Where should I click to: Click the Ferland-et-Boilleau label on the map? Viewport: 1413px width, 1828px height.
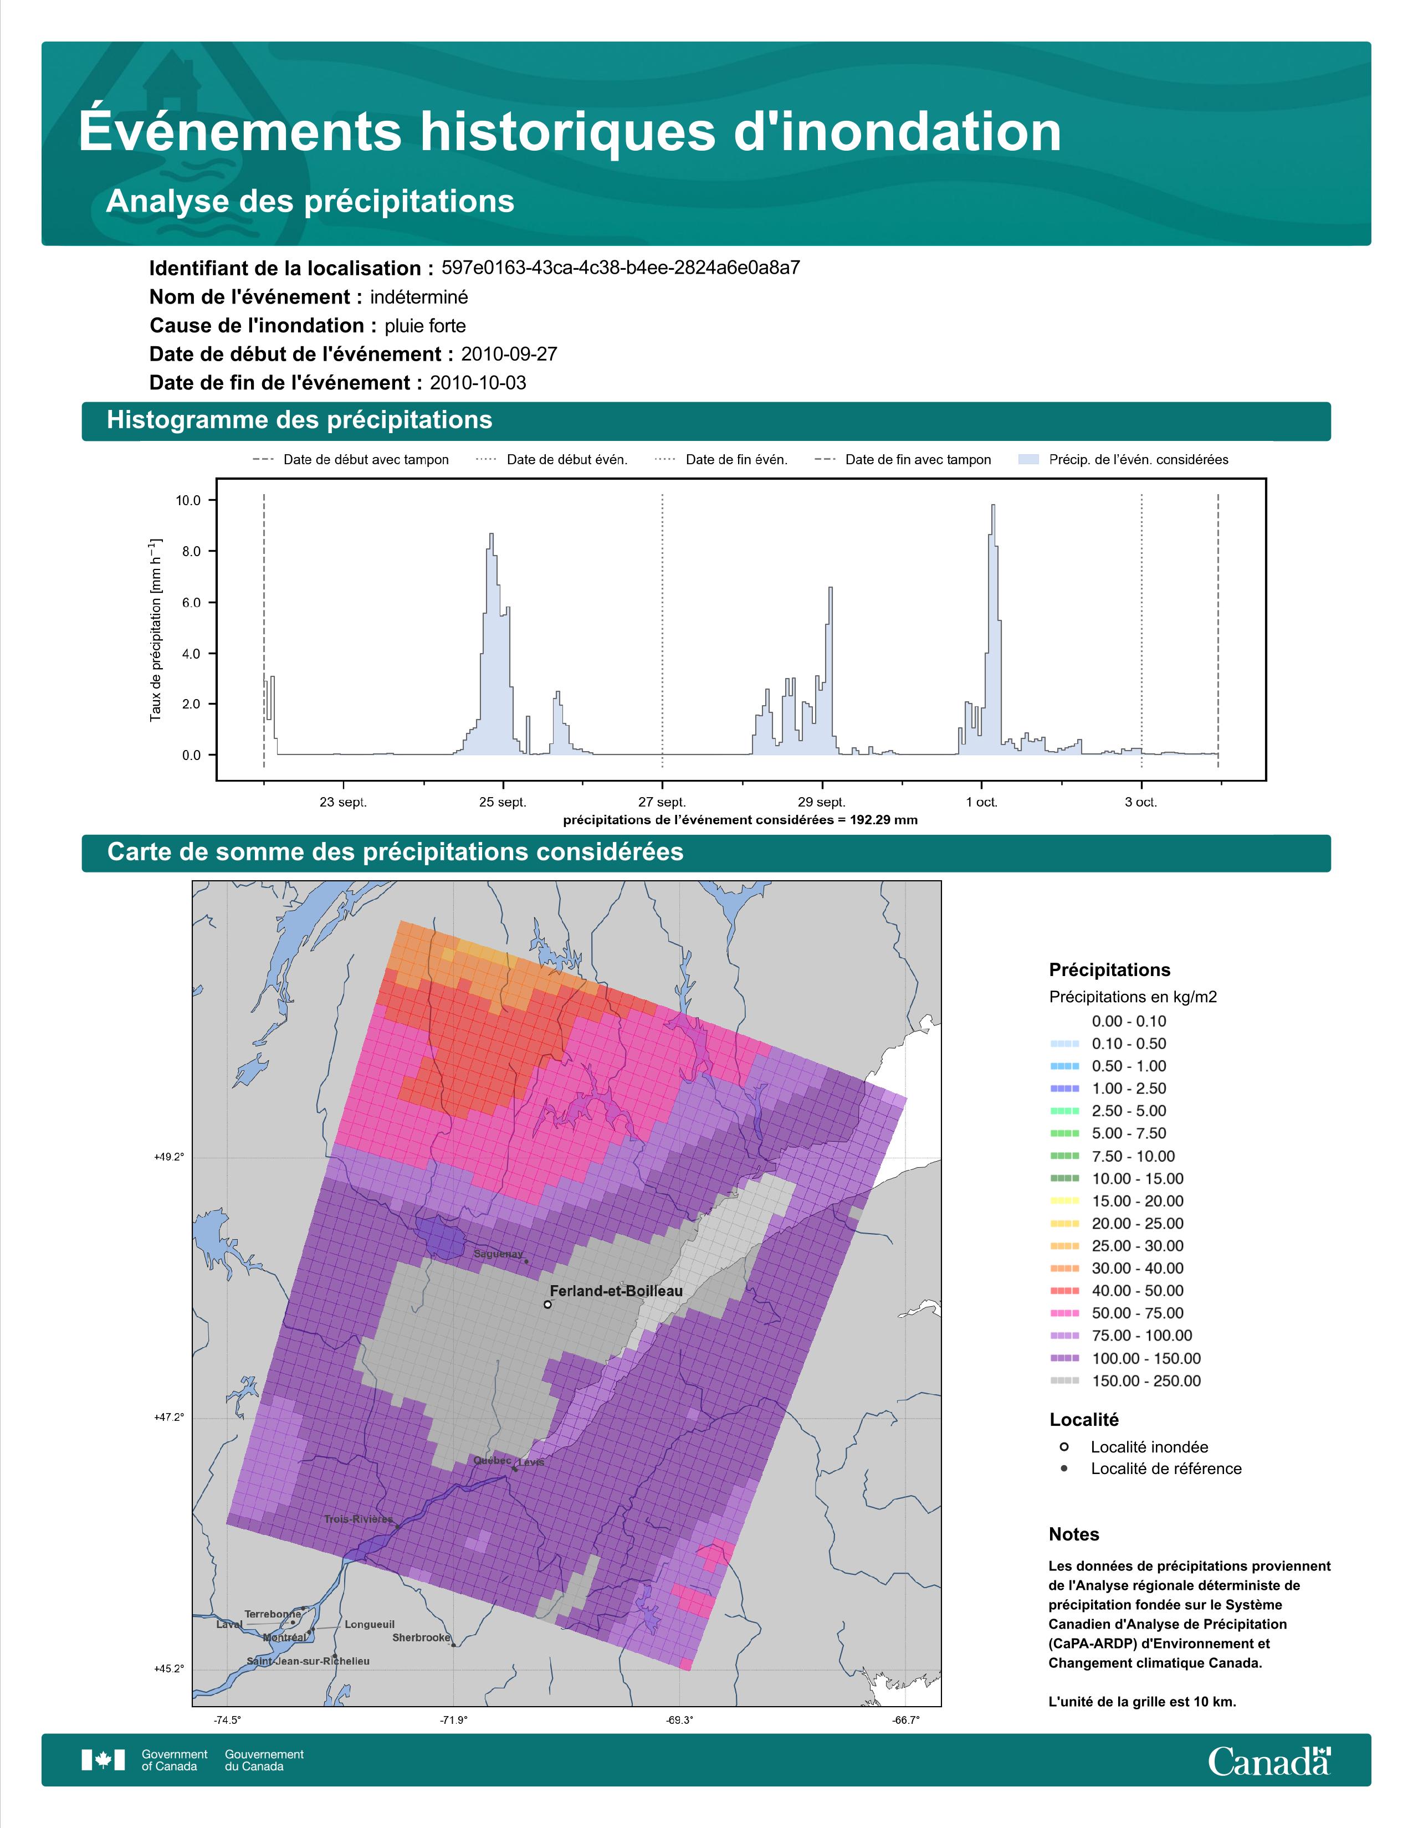(616, 1291)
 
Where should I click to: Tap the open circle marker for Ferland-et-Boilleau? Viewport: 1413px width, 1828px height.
(547, 1304)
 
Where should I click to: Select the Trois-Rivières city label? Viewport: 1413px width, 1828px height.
(359, 1518)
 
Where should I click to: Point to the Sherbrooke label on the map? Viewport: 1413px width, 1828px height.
(421, 1637)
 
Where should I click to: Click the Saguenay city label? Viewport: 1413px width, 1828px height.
(498, 1254)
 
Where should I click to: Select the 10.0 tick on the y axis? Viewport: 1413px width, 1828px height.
(188, 501)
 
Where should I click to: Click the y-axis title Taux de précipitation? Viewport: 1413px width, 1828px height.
(156, 629)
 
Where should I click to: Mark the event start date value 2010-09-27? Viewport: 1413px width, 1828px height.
(509, 354)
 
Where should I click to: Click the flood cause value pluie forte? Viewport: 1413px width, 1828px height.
(425, 326)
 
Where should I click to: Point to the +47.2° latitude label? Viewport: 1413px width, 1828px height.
(169, 1417)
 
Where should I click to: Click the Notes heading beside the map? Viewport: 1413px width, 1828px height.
(1074, 1534)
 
